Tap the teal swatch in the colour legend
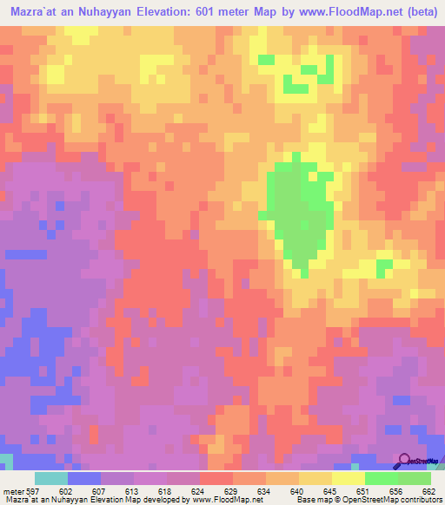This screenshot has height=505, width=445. pyautogui.click(x=51, y=477)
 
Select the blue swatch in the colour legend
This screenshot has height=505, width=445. pyautogui.click(x=84, y=477)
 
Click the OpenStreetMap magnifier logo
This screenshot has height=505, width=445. pyautogui.click(x=405, y=461)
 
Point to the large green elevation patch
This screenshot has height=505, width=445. pyautogui.click(x=298, y=213)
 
